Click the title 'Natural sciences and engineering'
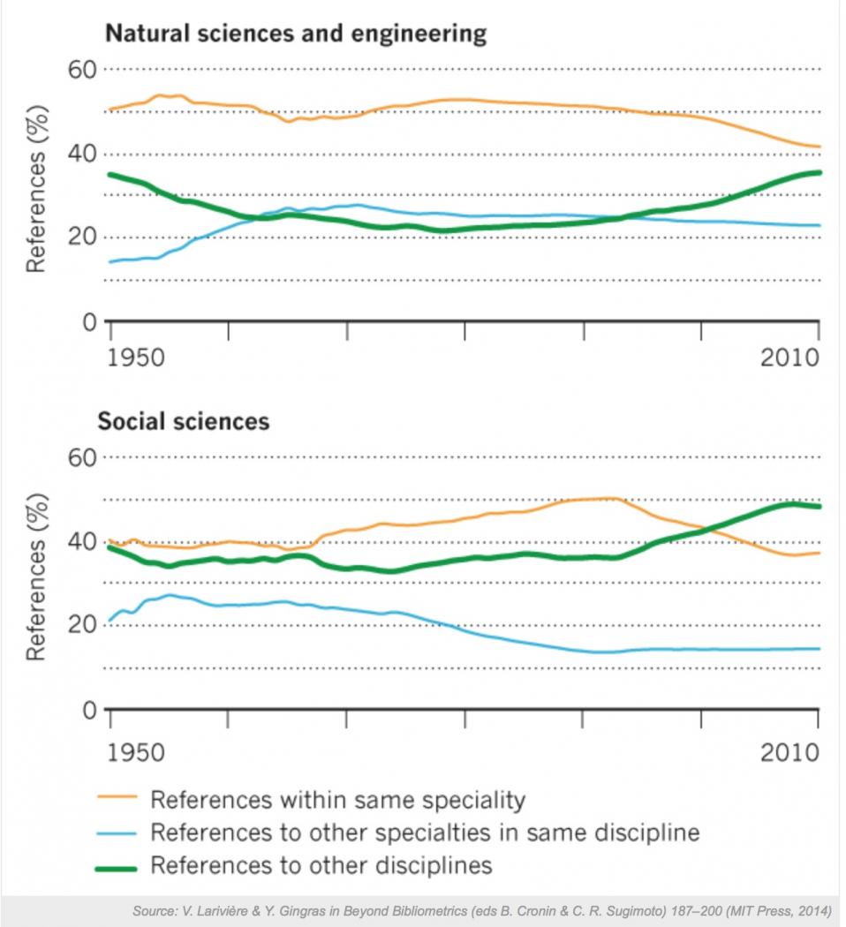[296, 34]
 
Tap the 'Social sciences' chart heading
[183, 421]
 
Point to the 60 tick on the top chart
[84, 68]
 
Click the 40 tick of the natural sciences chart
[84, 153]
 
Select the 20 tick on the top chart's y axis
[84, 237]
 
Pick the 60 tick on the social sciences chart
[84, 457]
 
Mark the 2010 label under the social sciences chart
[789, 753]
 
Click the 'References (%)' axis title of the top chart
[35, 190]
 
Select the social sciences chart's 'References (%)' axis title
[35, 578]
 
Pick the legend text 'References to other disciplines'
[321, 864]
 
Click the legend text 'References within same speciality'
[337, 800]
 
